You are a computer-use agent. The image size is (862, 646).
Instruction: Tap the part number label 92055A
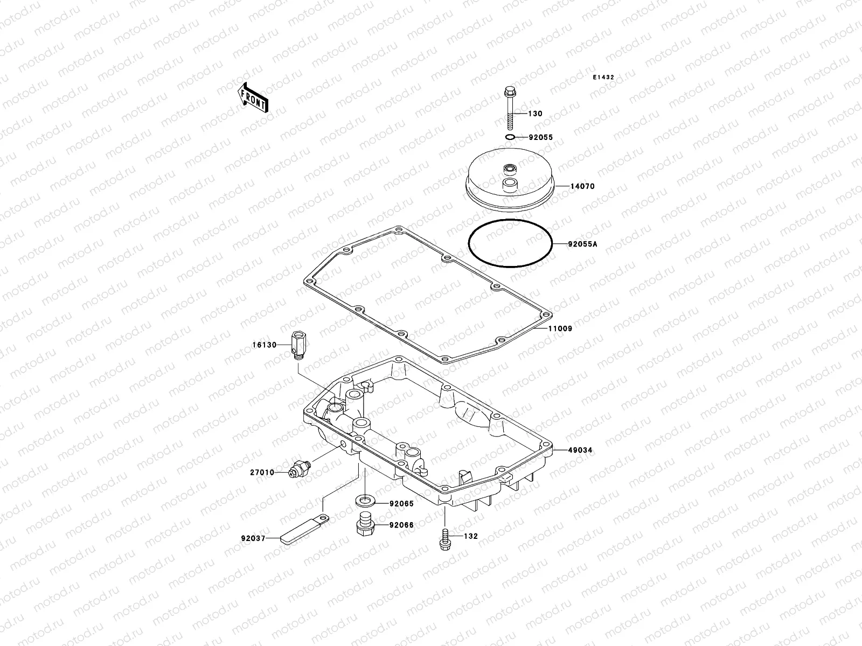(x=582, y=244)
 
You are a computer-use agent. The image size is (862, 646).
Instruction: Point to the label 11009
(x=560, y=328)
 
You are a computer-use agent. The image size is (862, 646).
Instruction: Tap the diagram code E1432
(x=604, y=78)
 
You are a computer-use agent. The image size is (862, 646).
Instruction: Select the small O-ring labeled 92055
(x=510, y=138)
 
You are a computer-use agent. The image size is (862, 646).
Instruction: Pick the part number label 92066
(x=402, y=525)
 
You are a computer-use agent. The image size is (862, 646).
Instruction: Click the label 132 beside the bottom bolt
(x=471, y=537)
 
